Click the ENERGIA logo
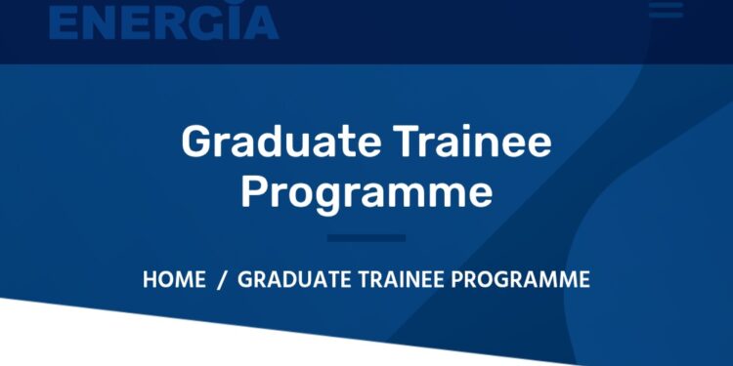[163, 20]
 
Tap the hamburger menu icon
[666, 9]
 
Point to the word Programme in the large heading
[366, 192]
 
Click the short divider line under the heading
[366, 237]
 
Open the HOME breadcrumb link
[174, 280]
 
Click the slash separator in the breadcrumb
[222, 280]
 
